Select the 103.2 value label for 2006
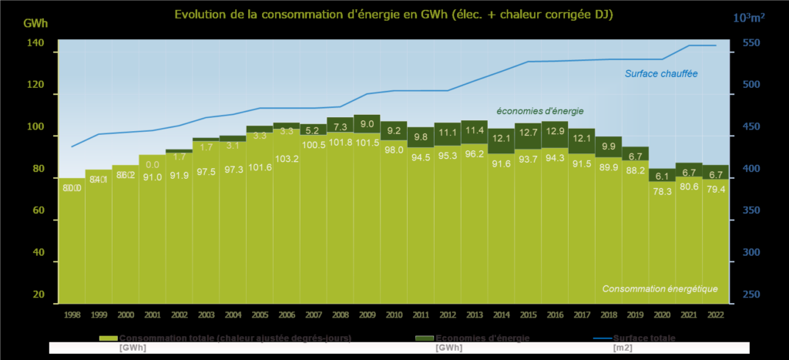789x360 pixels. pos(287,158)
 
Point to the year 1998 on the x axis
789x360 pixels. pos(72,315)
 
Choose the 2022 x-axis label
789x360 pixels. pos(715,315)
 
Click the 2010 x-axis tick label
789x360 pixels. pos(394,315)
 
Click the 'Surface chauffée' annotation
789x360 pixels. pos(661,74)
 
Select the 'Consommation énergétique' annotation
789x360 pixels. pos(660,289)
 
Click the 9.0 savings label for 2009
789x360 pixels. pos(367,124)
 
